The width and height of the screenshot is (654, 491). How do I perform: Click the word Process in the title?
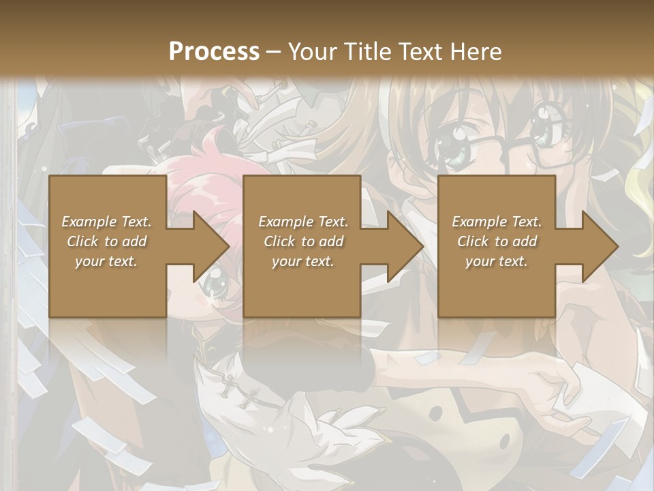click(214, 51)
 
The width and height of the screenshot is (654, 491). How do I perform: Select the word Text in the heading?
click(420, 51)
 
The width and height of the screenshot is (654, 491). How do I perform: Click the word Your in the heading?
click(311, 51)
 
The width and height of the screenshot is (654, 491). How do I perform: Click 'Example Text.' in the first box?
click(107, 222)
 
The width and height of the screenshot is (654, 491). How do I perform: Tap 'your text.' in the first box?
click(107, 261)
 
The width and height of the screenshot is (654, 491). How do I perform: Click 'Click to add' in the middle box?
click(304, 241)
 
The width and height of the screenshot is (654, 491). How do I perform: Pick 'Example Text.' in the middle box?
click(304, 222)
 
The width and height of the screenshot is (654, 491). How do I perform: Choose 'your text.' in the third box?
click(497, 261)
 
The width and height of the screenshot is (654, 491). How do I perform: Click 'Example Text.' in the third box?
click(497, 222)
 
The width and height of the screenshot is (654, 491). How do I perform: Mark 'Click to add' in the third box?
click(497, 241)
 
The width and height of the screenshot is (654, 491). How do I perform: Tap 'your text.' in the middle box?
click(304, 261)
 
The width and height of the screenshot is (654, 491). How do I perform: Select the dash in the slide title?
click(274, 53)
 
